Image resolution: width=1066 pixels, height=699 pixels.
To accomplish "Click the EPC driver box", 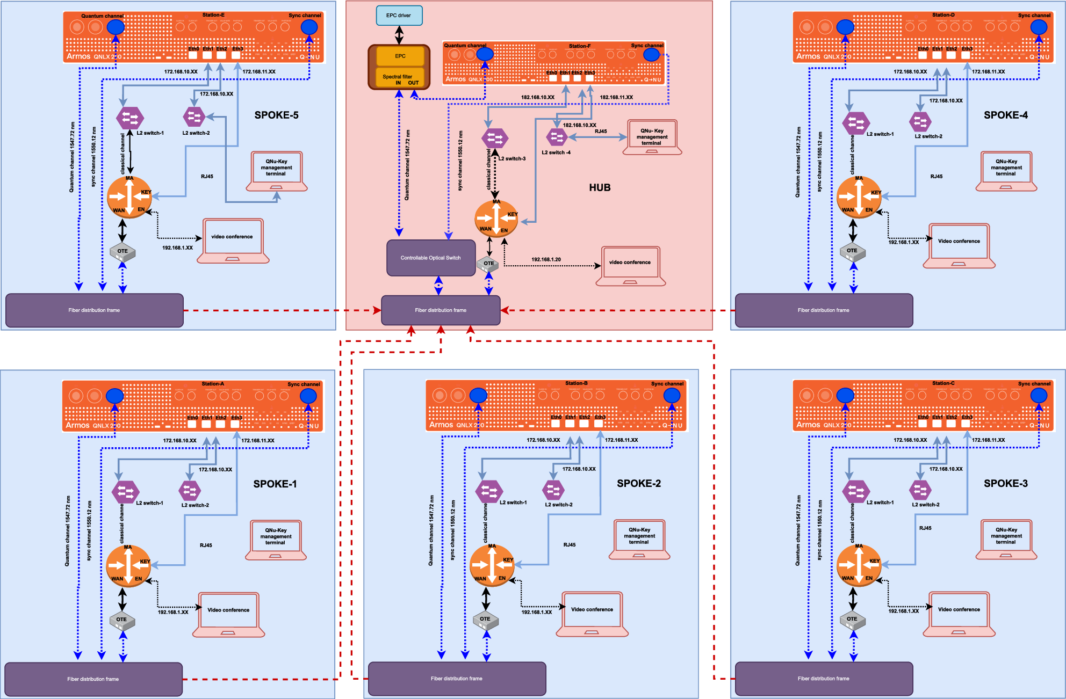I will (x=399, y=16).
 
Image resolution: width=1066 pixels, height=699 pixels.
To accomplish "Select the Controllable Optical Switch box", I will (x=431, y=258).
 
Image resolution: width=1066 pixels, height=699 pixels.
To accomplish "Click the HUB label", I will (x=600, y=187).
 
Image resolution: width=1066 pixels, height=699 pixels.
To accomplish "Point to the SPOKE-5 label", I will (x=276, y=115).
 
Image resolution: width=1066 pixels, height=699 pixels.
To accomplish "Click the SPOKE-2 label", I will (x=638, y=483).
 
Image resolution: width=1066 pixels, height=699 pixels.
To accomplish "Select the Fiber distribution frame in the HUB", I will (x=441, y=310).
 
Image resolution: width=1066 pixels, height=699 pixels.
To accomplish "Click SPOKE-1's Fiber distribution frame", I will (x=93, y=679).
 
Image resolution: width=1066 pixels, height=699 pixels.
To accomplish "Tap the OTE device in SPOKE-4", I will (x=852, y=251).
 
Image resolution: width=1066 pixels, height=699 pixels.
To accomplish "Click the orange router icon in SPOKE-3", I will (x=859, y=565).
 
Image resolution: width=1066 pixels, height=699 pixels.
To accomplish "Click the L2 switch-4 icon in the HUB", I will (x=557, y=137).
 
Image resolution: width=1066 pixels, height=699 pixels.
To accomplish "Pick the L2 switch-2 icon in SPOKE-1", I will (x=190, y=490).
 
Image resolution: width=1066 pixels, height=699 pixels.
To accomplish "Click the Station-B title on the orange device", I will (x=576, y=383).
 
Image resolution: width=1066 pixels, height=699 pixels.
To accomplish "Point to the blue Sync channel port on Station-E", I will (x=309, y=27).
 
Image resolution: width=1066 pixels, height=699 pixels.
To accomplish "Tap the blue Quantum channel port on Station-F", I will (x=485, y=54).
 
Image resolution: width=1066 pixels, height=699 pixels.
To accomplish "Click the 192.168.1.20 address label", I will (x=546, y=259).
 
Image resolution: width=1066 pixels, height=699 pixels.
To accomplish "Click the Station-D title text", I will (x=943, y=15).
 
